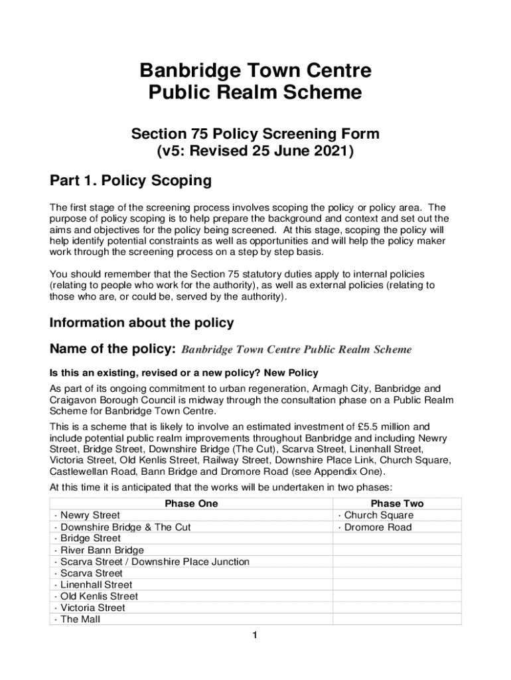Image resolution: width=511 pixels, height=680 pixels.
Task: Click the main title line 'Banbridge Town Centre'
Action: pyautogui.click(x=255, y=71)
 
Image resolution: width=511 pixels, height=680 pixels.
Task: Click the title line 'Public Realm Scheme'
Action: pyautogui.click(x=255, y=92)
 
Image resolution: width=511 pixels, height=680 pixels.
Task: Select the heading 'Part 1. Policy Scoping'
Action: pyautogui.click(x=130, y=181)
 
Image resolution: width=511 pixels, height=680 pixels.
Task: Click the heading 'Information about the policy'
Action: pyautogui.click(x=141, y=323)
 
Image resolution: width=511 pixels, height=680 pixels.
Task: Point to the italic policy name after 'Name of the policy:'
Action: pyautogui.click(x=297, y=349)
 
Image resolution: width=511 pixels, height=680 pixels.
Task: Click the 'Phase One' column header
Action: pyautogui.click(x=191, y=503)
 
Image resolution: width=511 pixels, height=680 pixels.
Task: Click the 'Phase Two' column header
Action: pyautogui.click(x=397, y=503)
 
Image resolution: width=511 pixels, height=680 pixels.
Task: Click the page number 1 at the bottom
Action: pyautogui.click(x=254, y=636)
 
